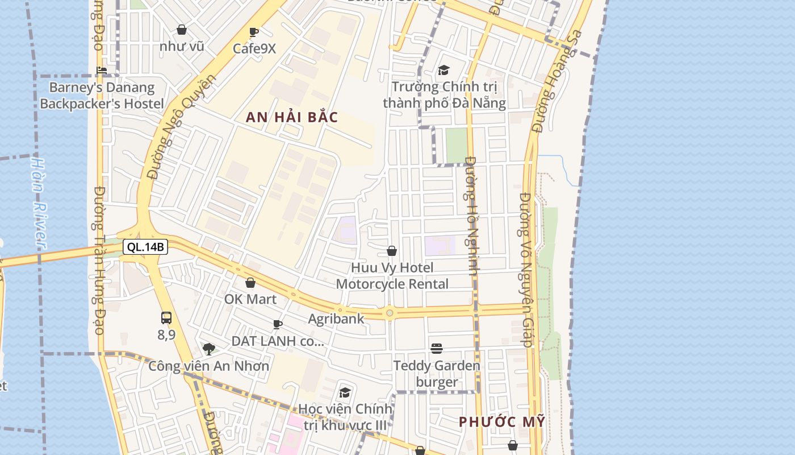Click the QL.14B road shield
pyautogui.click(x=145, y=247)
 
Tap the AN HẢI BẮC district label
pyautogui.click(x=292, y=118)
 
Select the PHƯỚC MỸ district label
pyautogui.click(x=502, y=422)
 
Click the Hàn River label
pyautogui.click(x=38, y=202)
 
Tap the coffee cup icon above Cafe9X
pyautogui.click(x=254, y=32)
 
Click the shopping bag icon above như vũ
pyautogui.click(x=182, y=30)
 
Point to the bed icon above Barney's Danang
pyautogui.click(x=102, y=71)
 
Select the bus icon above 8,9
pyautogui.click(x=166, y=318)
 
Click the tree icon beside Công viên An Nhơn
pyautogui.click(x=209, y=349)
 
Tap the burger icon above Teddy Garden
pyautogui.click(x=437, y=348)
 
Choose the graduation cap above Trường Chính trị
pyautogui.click(x=443, y=70)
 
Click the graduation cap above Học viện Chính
pyautogui.click(x=345, y=392)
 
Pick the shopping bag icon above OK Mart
pyautogui.click(x=250, y=283)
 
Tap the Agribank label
pyautogui.click(x=336, y=318)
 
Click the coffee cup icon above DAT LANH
pyautogui.click(x=278, y=325)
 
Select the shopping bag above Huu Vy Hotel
pyautogui.click(x=392, y=251)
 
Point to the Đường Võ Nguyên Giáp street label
pyautogui.click(x=526, y=270)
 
